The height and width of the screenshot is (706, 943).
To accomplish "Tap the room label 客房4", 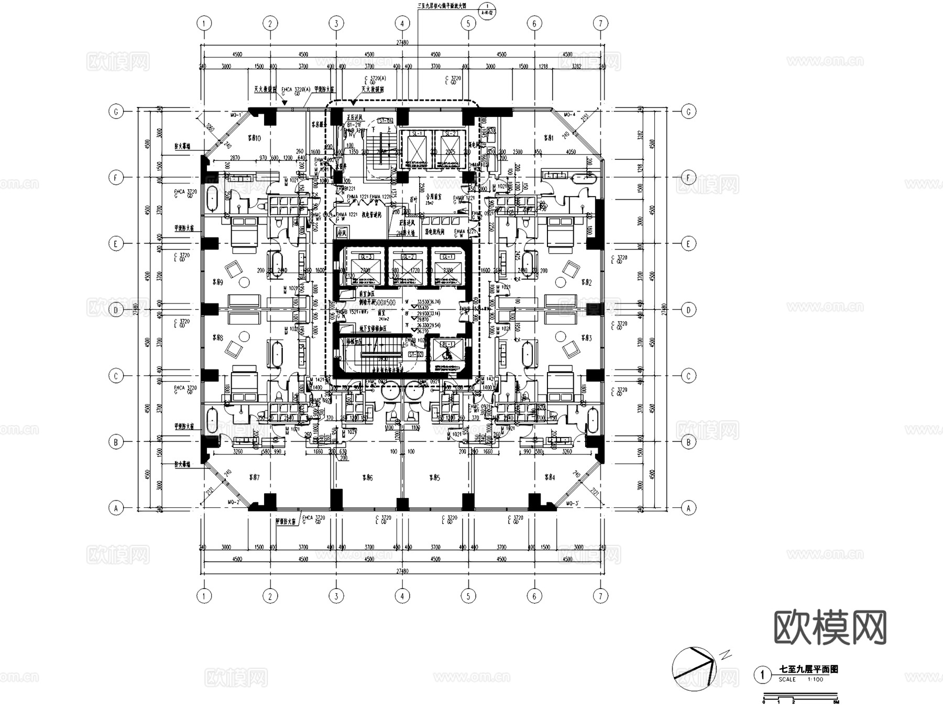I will pos(549,477).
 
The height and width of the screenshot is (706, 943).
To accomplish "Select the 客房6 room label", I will pos(367,477).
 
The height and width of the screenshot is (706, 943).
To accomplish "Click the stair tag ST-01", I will pos(386,121).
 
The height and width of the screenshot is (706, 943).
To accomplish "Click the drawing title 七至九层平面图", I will pos(809,669).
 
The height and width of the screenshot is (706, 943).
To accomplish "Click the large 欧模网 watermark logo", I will pos(830,627).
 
